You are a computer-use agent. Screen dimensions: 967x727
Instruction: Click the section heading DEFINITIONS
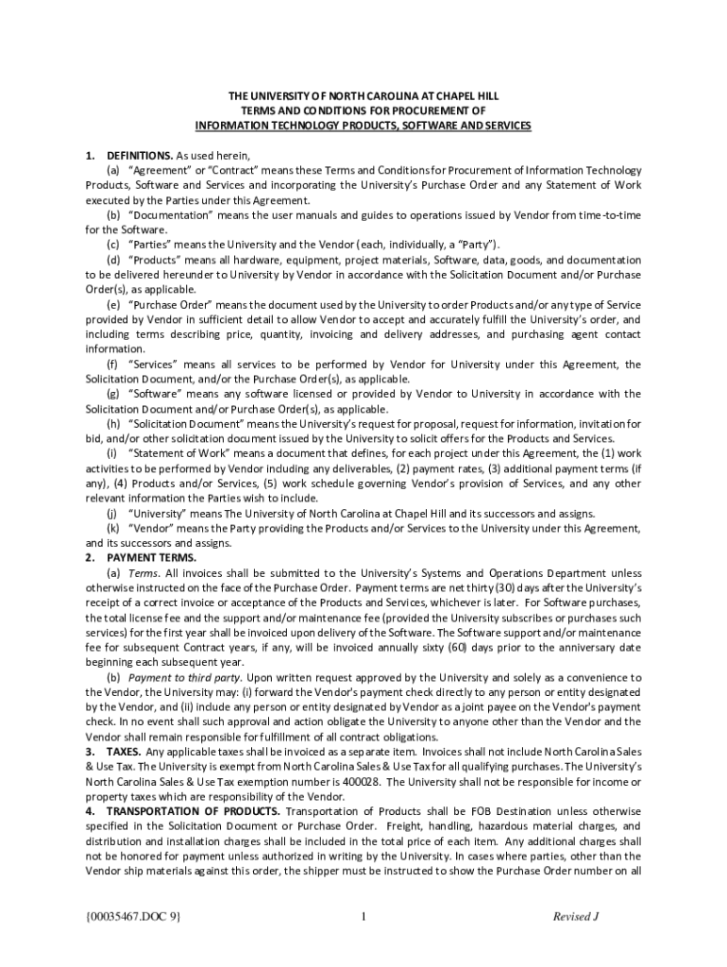point(139,155)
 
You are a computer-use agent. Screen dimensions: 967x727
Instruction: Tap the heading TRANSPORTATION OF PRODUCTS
point(192,811)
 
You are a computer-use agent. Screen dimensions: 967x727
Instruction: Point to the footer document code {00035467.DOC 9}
point(133,916)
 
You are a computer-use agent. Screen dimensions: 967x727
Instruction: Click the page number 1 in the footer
point(363,916)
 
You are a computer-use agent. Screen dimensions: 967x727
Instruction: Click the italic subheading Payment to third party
point(185,677)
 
